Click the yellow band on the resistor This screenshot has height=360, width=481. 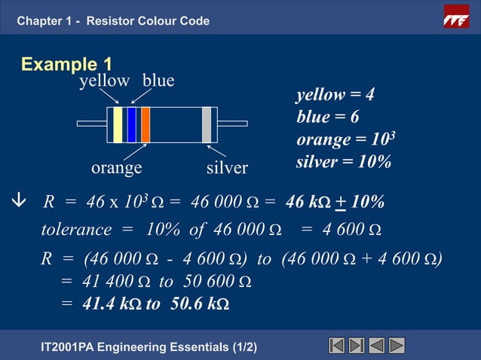pyautogui.click(x=118, y=124)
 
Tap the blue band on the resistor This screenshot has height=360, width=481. pyautogui.click(x=131, y=124)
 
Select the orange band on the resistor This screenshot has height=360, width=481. pyautogui.click(x=146, y=124)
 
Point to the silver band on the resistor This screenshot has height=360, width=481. pyautogui.click(x=206, y=124)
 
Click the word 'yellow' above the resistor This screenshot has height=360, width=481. pyautogui.click(x=104, y=81)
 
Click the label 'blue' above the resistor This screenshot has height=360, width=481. pyautogui.click(x=158, y=81)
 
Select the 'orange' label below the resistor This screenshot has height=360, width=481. pyautogui.click(x=117, y=167)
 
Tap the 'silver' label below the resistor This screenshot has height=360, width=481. pyautogui.click(x=227, y=168)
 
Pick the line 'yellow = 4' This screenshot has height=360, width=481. pyautogui.click(x=335, y=96)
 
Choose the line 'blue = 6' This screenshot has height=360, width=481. pyautogui.click(x=328, y=117)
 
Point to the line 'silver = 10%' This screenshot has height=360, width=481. pyautogui.click(x=343, y=162)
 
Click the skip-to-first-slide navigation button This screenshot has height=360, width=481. pyautogui.click(x=337, y=345)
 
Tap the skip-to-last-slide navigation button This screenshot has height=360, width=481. pyautogui.click(x=357, y=345)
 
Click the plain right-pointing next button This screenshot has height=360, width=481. pyautogui.click(x=397, y=345)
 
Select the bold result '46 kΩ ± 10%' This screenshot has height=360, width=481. pyautogui.click(x=335, y=202)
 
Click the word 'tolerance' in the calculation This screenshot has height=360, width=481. pyautogui.click(x=76, y=229)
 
